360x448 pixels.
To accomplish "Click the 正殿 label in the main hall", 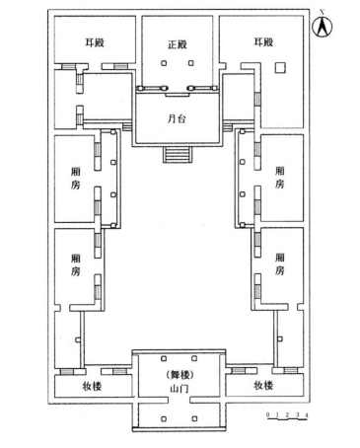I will tap(178, 45).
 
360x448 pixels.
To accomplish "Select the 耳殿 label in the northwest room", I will tap(83, 43).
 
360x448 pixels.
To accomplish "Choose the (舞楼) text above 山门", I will tap(179, 376).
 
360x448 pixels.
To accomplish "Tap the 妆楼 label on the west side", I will tap(91, 387).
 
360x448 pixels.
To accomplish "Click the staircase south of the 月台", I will tap(178, 155).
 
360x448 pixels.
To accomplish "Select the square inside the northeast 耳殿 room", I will tap(279, 68).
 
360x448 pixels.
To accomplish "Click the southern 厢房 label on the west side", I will tap(74, 263).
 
